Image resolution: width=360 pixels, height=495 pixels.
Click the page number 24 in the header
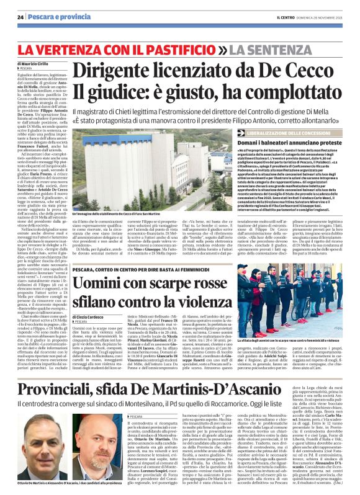(20, 17)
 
